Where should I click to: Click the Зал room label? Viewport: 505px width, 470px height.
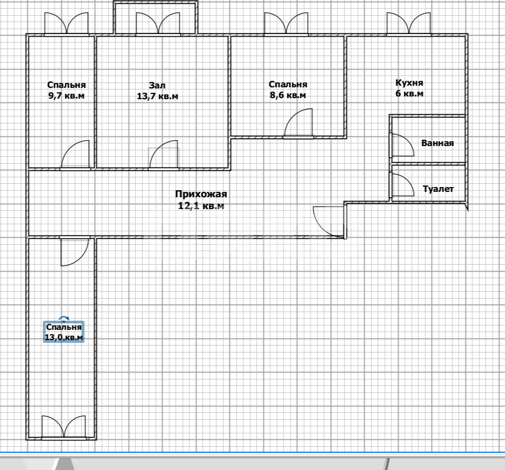[157, 85]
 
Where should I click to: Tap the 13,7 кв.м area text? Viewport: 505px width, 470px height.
[157, 96]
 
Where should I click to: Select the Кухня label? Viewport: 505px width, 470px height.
[410, 83]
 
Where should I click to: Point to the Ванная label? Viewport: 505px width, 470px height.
[438, 143]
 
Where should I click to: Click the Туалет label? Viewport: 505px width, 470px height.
[438, 189]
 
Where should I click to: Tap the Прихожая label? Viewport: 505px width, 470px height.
[201, 194]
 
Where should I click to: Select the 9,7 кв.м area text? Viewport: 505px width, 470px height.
[66, 96]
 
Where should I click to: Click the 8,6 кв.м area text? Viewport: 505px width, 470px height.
[288, 95]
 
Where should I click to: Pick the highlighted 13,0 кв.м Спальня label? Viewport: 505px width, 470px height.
[64, 332]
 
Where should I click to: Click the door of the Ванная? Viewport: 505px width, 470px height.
[402, 145]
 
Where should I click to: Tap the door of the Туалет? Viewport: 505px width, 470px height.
[402, 185]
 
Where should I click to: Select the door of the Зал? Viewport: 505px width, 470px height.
[164, 155]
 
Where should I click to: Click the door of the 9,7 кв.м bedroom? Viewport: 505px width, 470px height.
[75, 155]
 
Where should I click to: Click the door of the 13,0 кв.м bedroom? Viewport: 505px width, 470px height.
[75, 251]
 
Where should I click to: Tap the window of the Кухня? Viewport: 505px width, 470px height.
[409, 24]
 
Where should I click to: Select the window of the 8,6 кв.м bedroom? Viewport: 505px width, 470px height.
[286, 24]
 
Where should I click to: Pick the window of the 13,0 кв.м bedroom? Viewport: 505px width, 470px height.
[64, 427]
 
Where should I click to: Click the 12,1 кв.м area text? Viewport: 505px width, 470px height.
[201, 205]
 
